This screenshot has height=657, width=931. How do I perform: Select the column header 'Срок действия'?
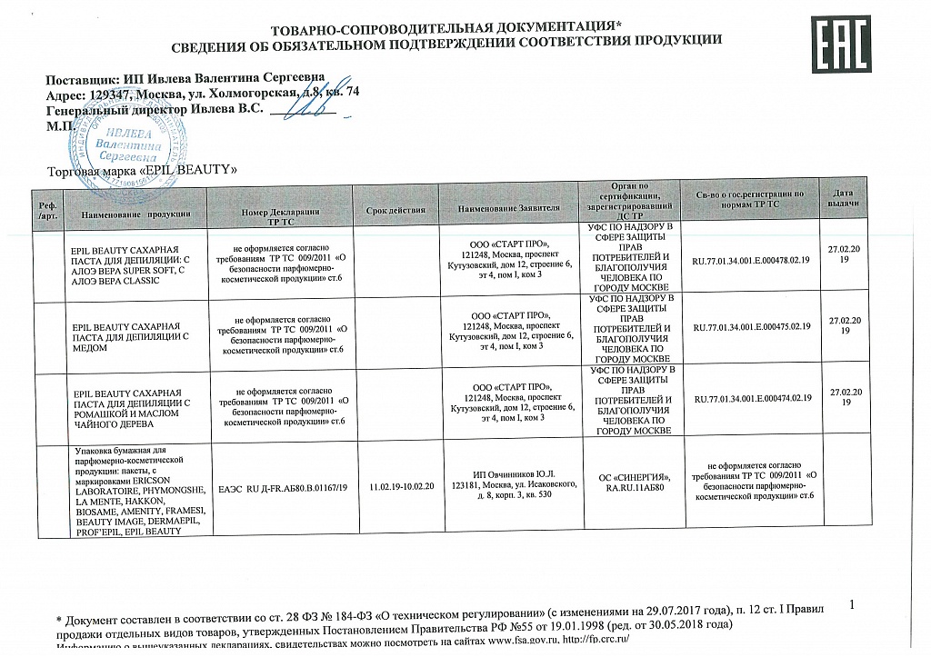pyautogui.click(x=395, y=211)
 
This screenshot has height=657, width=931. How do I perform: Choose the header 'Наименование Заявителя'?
pyautogui.click(x=509, y=211)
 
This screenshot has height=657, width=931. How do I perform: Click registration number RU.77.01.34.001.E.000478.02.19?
pyautogui.click(x=751, y=261)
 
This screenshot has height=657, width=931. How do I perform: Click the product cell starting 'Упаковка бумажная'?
pyautogui.click(x=136, y=493)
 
